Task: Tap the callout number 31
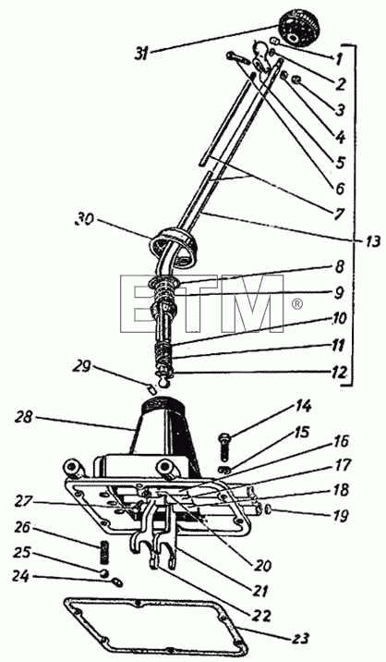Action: coord(141,54)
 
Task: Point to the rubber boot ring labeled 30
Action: coord(175,246)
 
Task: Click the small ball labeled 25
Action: coord(104,572)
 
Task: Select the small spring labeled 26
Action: coord(105,553)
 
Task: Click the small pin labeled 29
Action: coord(152,388)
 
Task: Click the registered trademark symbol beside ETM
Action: coord(297,303)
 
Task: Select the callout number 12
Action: coord(339,373)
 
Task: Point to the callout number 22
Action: coord(261,615)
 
